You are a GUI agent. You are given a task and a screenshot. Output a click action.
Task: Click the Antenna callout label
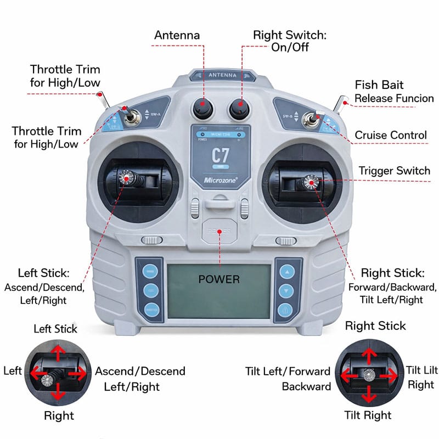pos(177,35)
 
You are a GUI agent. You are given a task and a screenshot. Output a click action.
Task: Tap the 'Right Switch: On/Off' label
pos(289,41)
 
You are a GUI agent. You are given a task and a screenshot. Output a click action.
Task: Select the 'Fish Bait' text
pos(379,85)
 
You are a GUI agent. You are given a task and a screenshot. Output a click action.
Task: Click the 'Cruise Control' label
pos(391,135)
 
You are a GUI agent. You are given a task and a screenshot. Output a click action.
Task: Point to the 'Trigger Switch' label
pos(395,171)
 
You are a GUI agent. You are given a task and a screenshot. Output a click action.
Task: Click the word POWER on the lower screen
pos(219,279)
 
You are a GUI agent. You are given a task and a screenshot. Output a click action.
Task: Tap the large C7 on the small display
pos(219,155)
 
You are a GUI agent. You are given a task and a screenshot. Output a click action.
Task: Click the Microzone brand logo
pos(219,179)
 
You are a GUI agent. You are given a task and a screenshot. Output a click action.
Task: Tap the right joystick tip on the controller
pos(311,183)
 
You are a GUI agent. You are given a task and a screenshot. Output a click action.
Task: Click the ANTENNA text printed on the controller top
pos(222,75)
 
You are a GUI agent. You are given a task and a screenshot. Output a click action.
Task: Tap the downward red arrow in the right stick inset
pos(369,394)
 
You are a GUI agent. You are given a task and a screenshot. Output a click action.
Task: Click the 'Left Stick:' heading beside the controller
pos(43,273)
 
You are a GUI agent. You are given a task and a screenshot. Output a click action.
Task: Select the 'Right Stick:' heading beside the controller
pos(392,273)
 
